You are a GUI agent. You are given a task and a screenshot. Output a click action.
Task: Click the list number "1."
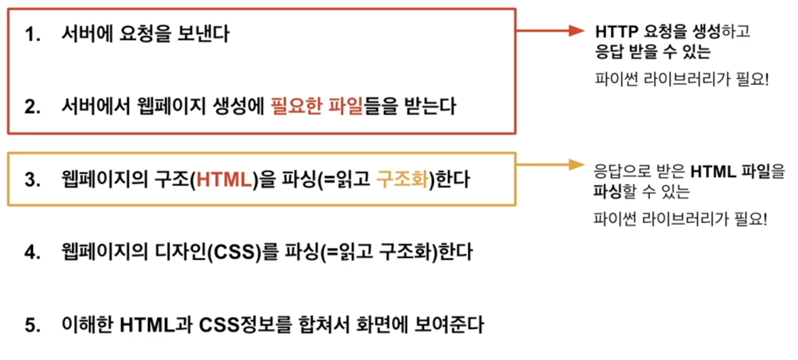point(32,34)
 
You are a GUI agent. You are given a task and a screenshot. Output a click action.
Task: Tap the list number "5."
point(32,326)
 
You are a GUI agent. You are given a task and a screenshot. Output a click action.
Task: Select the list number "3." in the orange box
point(32,180)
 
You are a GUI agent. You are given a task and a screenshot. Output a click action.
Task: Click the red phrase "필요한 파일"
point(317,106)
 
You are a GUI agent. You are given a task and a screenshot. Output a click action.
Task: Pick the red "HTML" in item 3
point(224,180)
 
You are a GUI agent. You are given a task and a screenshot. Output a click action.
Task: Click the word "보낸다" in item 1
point(203,34)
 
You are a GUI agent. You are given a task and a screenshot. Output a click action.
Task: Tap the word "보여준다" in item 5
point(449,325)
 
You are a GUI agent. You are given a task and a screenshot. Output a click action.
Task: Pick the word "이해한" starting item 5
point(87,325)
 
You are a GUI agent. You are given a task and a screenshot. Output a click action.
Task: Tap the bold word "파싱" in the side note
point(608,192)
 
